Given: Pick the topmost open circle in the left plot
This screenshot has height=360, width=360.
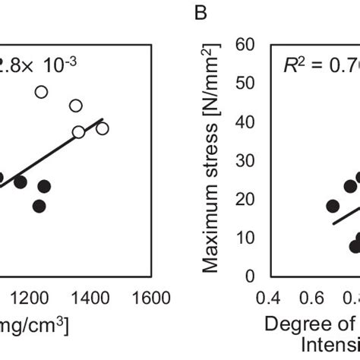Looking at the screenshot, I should click(x=41, y=92).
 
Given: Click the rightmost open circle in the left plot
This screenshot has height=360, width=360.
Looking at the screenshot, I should click(x=102, y=128).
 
